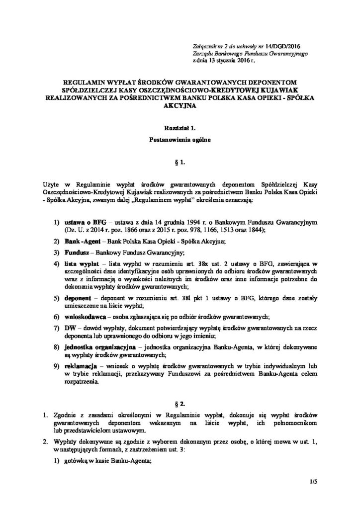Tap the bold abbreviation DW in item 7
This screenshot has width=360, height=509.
(68, 328)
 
